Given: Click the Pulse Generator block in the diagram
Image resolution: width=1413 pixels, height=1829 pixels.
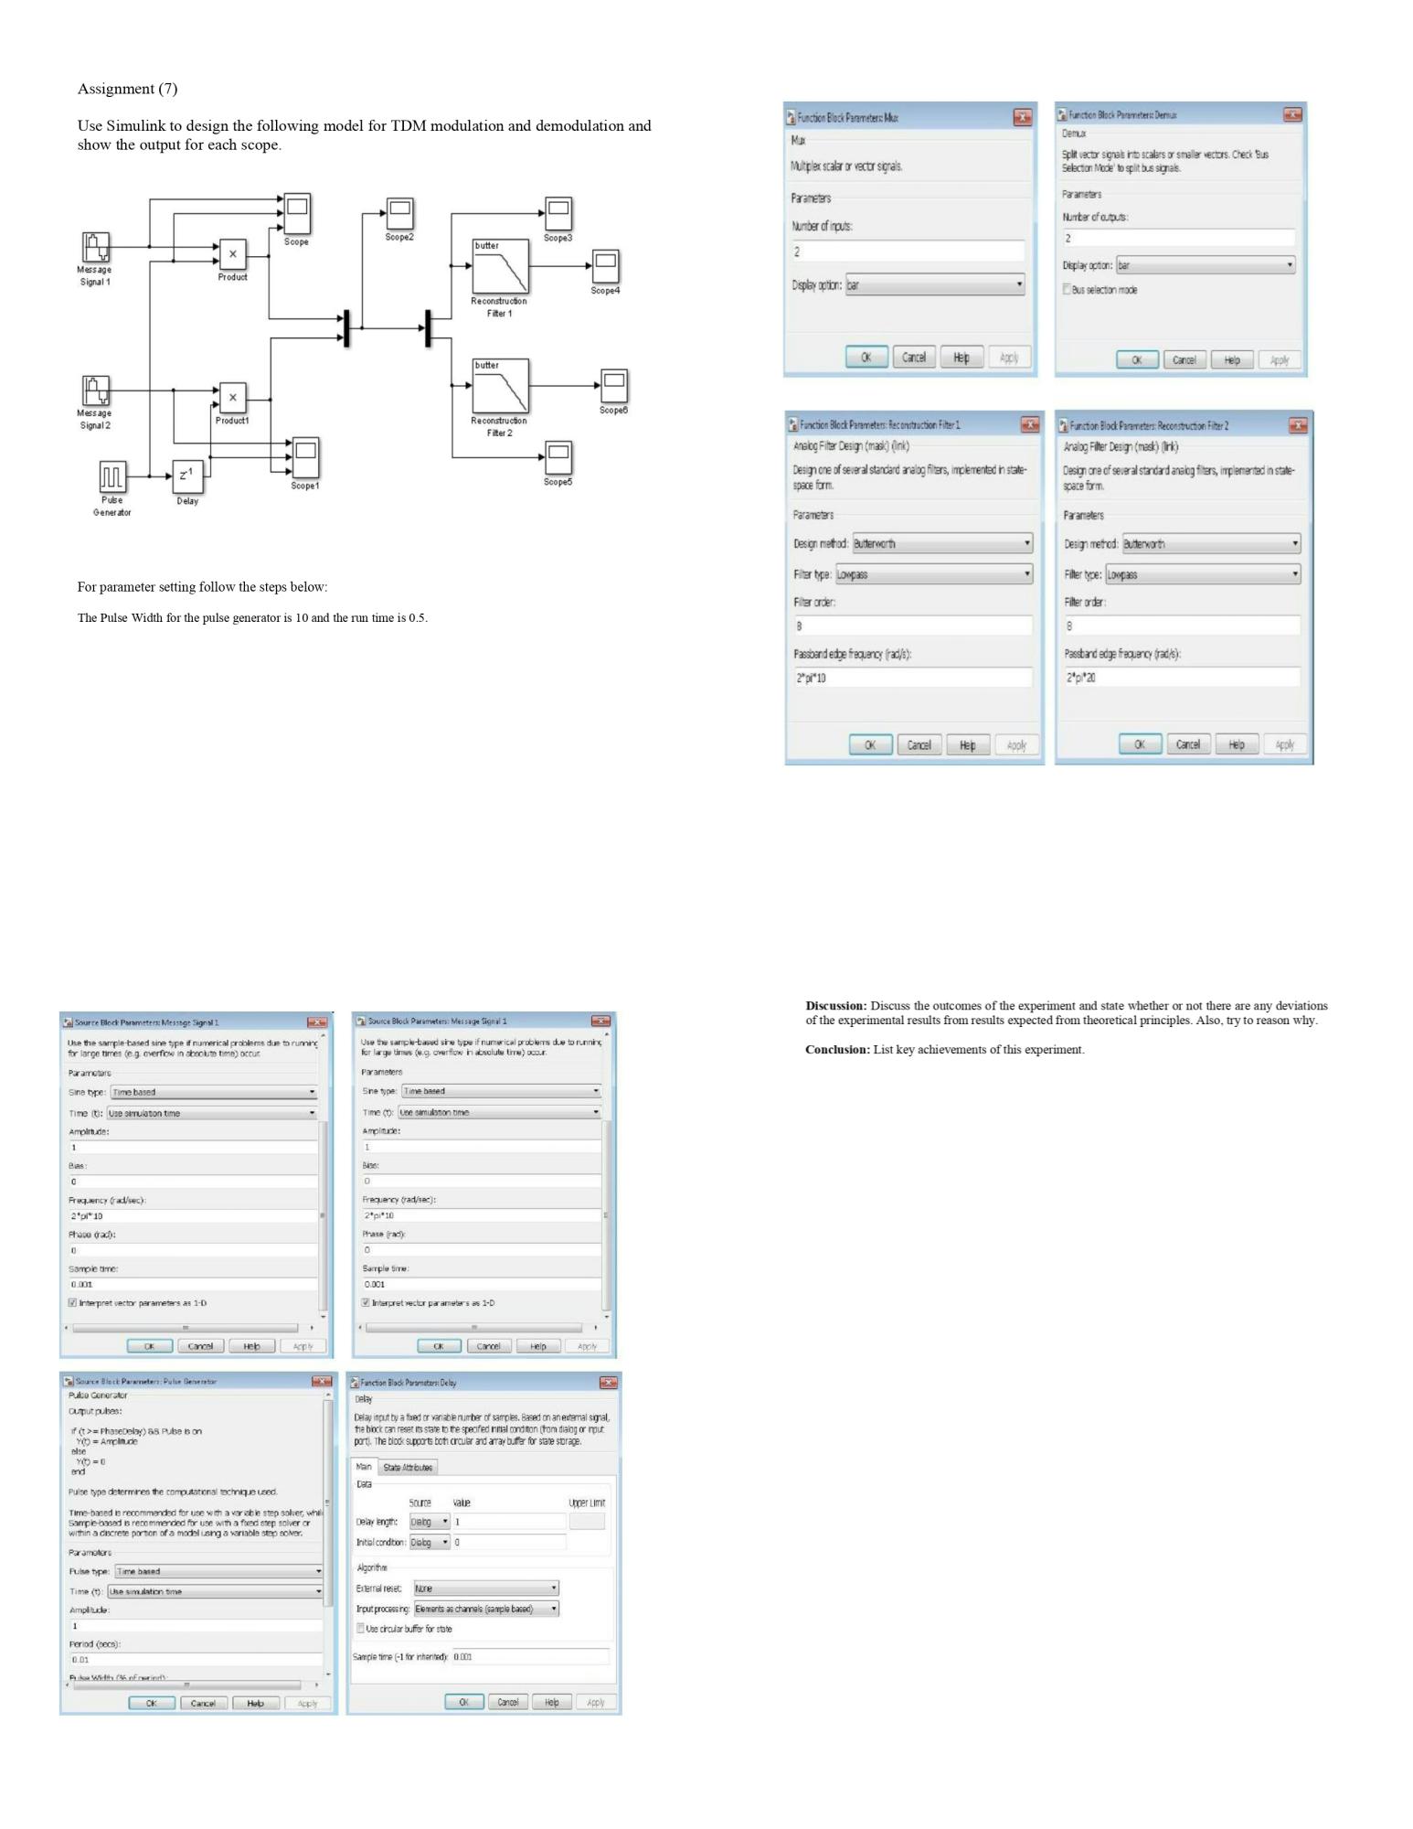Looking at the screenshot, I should point(112,476).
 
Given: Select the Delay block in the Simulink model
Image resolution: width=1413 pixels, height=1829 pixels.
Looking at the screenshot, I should point(186,476).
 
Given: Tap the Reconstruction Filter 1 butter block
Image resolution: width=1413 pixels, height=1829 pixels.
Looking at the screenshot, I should point(500,266).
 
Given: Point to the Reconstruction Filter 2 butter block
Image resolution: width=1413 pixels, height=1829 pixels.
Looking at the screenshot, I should point(500,386).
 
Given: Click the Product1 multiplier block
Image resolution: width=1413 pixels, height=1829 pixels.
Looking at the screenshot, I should point(233,398).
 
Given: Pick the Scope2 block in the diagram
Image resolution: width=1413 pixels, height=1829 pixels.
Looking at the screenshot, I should point(399,213).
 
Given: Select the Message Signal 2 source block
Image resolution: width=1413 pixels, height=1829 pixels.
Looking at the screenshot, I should point(96,390).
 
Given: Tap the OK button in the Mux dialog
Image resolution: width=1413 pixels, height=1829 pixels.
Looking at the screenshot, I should point(866,358).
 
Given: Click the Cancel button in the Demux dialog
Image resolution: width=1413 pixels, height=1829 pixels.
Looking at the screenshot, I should point(1184,359).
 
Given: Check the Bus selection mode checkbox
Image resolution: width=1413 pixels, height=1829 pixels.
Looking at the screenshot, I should point(1067,290).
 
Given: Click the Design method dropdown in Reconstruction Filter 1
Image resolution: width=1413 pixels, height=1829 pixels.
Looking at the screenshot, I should point(942,543).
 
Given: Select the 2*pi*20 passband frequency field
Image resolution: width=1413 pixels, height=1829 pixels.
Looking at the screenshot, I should point(1181,678).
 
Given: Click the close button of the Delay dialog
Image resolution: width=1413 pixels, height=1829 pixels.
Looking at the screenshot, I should point(608,1383).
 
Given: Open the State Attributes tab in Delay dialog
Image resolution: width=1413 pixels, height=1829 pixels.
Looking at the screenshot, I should point(408,1467).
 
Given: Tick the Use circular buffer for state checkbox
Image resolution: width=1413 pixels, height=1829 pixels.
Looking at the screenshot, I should point(360,1629).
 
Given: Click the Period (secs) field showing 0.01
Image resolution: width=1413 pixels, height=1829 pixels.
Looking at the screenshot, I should point(196,1659).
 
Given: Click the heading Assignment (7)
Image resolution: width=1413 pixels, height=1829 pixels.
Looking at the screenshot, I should point(127,89).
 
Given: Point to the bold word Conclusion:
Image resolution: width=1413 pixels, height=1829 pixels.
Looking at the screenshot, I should point(837,1050).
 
